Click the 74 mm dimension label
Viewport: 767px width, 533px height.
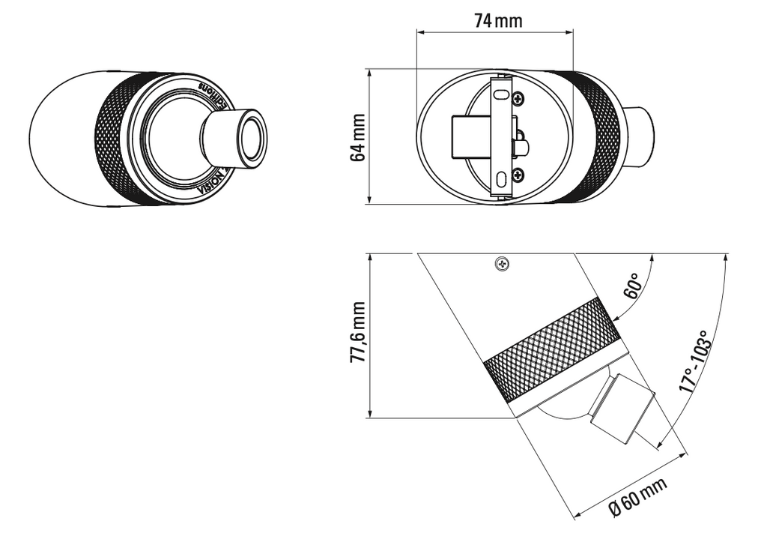(x=498, y=20)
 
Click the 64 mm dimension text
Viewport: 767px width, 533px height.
(x=358, y=137)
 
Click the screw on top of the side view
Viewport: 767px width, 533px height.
(x=501, y=263)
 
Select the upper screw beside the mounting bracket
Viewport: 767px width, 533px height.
(x=518, y=97)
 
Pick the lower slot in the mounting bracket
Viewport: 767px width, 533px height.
(x=500, y=179)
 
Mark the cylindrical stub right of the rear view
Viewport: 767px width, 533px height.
(x=638, y=137)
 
